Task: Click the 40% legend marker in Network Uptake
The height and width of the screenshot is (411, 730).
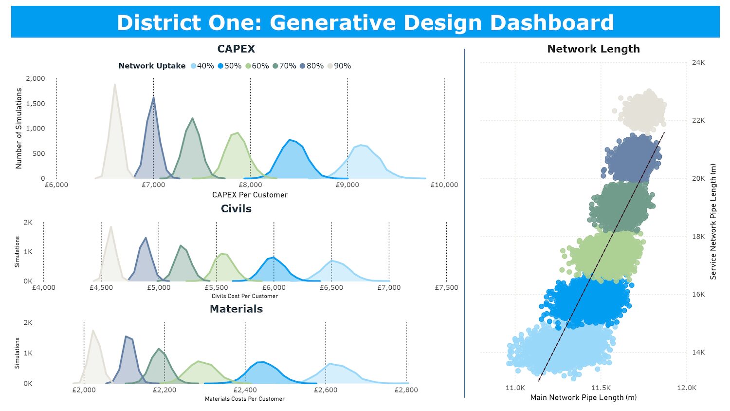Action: [x=194, y=66]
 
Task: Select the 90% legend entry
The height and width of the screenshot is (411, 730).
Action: [x=339, y=66]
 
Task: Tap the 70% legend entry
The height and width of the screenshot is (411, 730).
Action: [x=284, y=66]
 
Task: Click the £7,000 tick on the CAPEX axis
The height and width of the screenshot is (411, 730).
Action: [x=153, y=185]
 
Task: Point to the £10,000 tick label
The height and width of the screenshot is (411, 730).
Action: [x=444, y=185]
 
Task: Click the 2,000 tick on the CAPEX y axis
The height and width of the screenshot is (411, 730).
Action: [x=35, y=78]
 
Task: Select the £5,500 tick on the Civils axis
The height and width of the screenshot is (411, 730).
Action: [x=216, y=288]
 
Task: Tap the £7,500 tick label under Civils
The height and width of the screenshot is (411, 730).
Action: [x=446, y=288]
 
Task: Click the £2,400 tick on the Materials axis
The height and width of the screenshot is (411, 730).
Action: [x=245, y=390]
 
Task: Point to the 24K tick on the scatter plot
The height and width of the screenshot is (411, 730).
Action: [x=698, y=63]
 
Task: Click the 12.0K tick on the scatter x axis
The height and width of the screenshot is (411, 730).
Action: [x=687, y=388]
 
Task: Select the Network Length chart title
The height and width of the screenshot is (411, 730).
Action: [x=593, y=49]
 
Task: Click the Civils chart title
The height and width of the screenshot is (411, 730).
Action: [x=236, y=209]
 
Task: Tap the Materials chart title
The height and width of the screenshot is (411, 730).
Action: [x=236, y=309]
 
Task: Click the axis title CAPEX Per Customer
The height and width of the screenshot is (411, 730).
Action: [x=250, y=195]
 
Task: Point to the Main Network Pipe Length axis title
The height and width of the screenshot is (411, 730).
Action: [x=583, y=398]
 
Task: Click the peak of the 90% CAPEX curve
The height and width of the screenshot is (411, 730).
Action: [x=115, y=85]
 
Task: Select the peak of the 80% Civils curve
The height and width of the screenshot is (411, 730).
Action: [x=146, y=238]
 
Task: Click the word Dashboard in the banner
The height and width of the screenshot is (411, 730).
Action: [x=551, y=23]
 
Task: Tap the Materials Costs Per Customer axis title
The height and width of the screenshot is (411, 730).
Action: [x=245, y=399]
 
